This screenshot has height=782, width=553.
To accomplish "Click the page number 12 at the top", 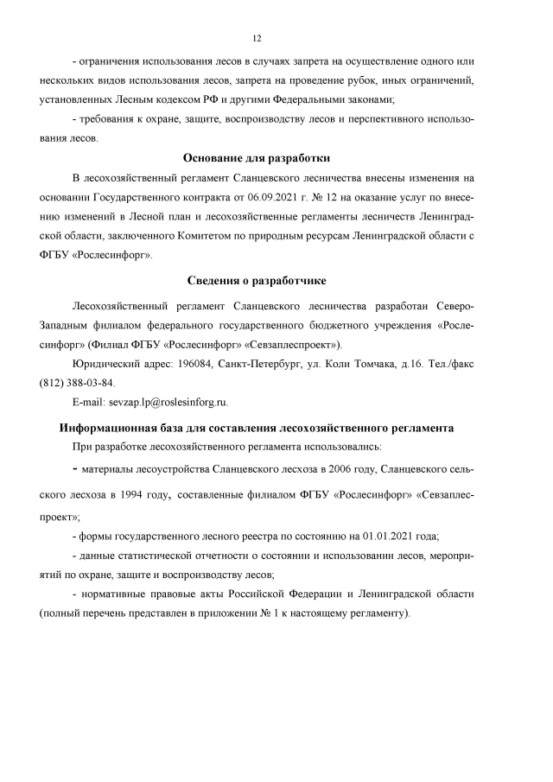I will pyautogui.click(x=257, y=38).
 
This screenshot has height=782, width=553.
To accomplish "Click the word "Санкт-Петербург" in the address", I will pyautogui.click(x=257, y=365).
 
